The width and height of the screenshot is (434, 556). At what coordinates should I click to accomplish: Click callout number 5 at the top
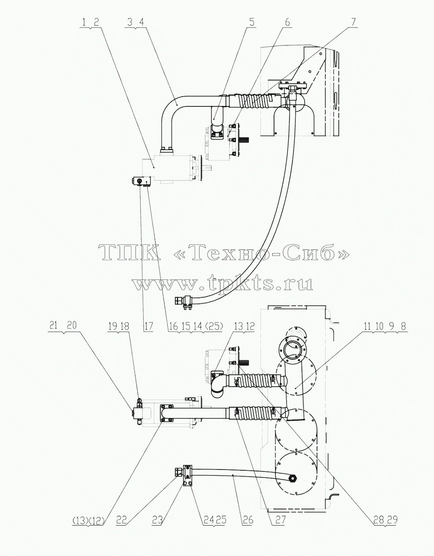(x=252, y=22)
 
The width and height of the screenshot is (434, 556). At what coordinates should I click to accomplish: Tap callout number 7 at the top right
(x=353, y=22)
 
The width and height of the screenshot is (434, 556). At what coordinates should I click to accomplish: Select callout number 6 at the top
(x=288, y=22)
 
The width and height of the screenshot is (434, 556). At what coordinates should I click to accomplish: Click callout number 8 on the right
(x=404, y=326)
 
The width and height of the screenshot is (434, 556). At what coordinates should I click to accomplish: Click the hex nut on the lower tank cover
(x=292, y=478)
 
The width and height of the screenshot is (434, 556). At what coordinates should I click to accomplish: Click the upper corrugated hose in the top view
(x=256, y=101)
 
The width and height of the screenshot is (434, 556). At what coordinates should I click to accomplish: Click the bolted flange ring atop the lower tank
(x=292, y=348)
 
